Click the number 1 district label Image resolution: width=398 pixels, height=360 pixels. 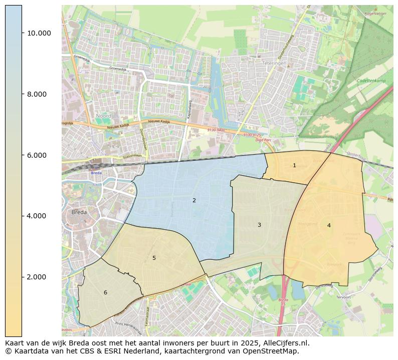coord(294,165)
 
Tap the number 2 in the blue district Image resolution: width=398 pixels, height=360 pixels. coord(194,200)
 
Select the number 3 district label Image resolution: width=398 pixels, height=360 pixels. coord(259,225)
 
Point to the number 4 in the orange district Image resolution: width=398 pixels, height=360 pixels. coord(329,225)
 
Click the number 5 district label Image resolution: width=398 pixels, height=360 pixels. coord(154,258)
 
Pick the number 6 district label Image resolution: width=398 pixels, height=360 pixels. coord(105,292)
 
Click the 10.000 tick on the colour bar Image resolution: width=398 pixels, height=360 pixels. coord(39,33)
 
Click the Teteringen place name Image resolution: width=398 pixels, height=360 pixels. coord(274,64)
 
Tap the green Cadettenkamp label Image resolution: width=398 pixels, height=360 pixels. coord(371,81)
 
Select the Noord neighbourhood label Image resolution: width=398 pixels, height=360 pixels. coord(103,116)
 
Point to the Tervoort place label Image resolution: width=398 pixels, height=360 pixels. coord(343,296)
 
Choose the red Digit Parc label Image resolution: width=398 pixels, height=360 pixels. coord(263,140)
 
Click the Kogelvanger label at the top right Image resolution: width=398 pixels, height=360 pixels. coord(376,14)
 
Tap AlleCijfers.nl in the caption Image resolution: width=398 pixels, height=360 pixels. coord(284,343)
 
